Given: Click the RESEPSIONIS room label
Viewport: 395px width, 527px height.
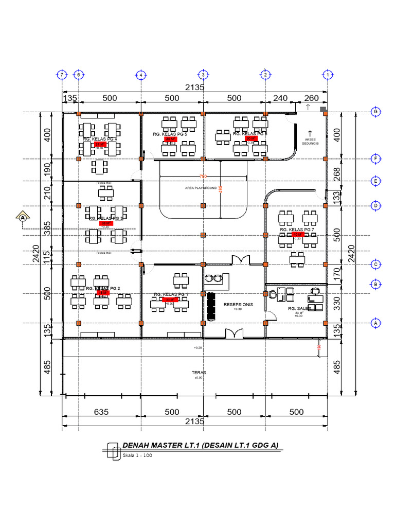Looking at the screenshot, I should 238,304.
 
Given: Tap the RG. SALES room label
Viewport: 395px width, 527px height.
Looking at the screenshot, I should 298,308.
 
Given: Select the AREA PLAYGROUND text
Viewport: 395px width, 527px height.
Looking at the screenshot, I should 201,188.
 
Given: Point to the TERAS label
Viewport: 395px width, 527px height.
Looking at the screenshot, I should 199,373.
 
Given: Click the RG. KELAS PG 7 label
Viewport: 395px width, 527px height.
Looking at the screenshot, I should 297,229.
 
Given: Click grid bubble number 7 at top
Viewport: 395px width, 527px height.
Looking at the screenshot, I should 62,75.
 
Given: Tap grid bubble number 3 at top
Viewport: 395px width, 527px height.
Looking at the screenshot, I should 203,75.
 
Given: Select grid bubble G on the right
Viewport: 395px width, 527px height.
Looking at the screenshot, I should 375,112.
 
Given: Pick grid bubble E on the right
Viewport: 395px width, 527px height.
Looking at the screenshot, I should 375,181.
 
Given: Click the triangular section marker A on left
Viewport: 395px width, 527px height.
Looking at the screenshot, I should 23,217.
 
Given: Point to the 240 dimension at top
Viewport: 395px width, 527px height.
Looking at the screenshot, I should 280,98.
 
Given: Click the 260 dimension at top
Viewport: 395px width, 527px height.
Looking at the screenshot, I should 311,98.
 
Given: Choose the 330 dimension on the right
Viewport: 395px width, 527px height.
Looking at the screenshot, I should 337,304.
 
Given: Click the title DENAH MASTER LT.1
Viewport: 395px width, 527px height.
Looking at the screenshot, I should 200,446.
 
